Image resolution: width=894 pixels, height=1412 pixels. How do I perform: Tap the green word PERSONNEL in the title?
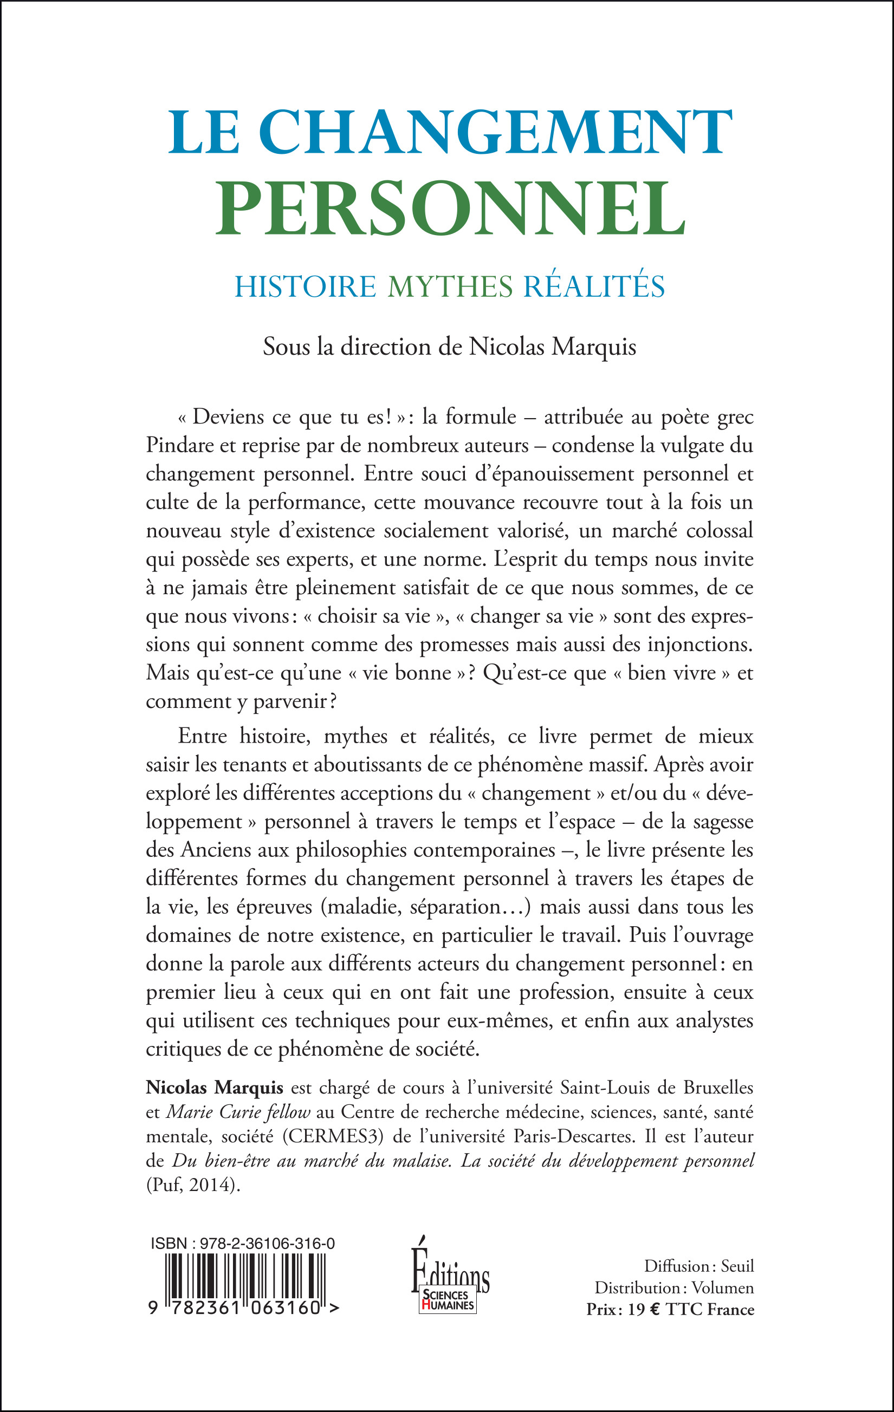450,208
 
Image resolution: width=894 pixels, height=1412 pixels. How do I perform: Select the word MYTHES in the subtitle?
450,287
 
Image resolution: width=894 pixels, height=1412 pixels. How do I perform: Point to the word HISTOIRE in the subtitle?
305,287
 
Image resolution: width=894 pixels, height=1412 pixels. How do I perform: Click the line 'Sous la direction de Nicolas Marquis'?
449,347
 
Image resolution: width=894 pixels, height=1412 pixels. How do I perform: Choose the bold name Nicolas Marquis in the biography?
215,1088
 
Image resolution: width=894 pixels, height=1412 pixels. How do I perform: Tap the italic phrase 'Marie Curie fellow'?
238,1112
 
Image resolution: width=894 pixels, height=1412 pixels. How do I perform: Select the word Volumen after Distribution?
723,1289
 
